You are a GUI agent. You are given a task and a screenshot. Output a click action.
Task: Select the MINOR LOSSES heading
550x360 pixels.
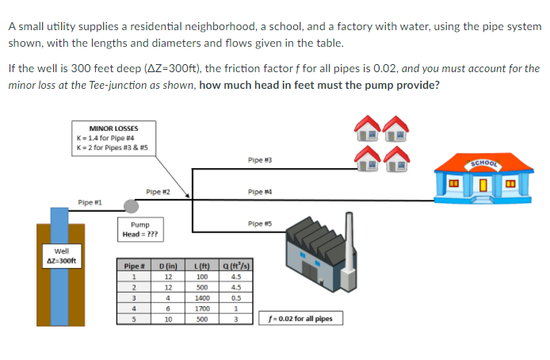(113, 128)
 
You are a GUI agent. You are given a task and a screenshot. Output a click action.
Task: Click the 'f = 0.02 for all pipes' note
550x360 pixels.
(300, 319)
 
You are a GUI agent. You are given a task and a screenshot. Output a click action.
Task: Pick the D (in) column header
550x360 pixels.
(167, 265)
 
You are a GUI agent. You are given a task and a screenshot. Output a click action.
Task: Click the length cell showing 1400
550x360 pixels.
(201, 298)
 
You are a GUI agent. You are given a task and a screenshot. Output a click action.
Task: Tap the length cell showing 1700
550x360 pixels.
(201, 309)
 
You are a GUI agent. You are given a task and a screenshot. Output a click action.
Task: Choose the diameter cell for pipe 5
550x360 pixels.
(167, 320)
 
